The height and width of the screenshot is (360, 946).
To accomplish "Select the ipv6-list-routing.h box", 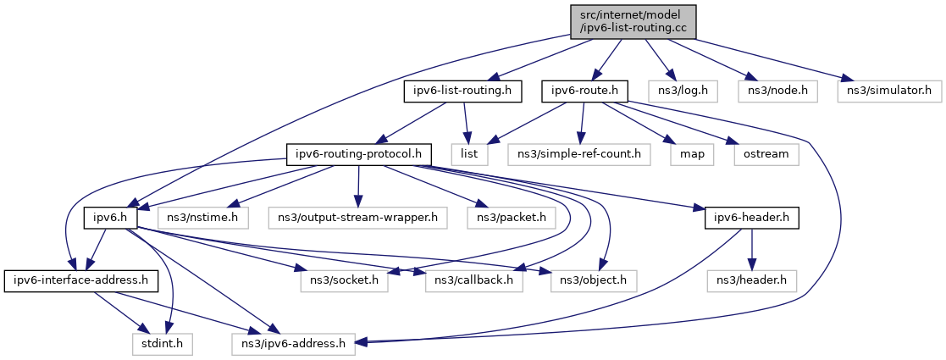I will (462, 90).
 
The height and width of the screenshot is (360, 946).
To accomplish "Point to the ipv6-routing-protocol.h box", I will (360, 154).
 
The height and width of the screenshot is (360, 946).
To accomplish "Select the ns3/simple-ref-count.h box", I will (579, 154).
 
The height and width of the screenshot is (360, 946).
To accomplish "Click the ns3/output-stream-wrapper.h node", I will (358, 219).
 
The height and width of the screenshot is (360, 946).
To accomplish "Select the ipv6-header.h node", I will (750, 219).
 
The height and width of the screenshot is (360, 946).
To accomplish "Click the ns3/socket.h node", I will (343, 280).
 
